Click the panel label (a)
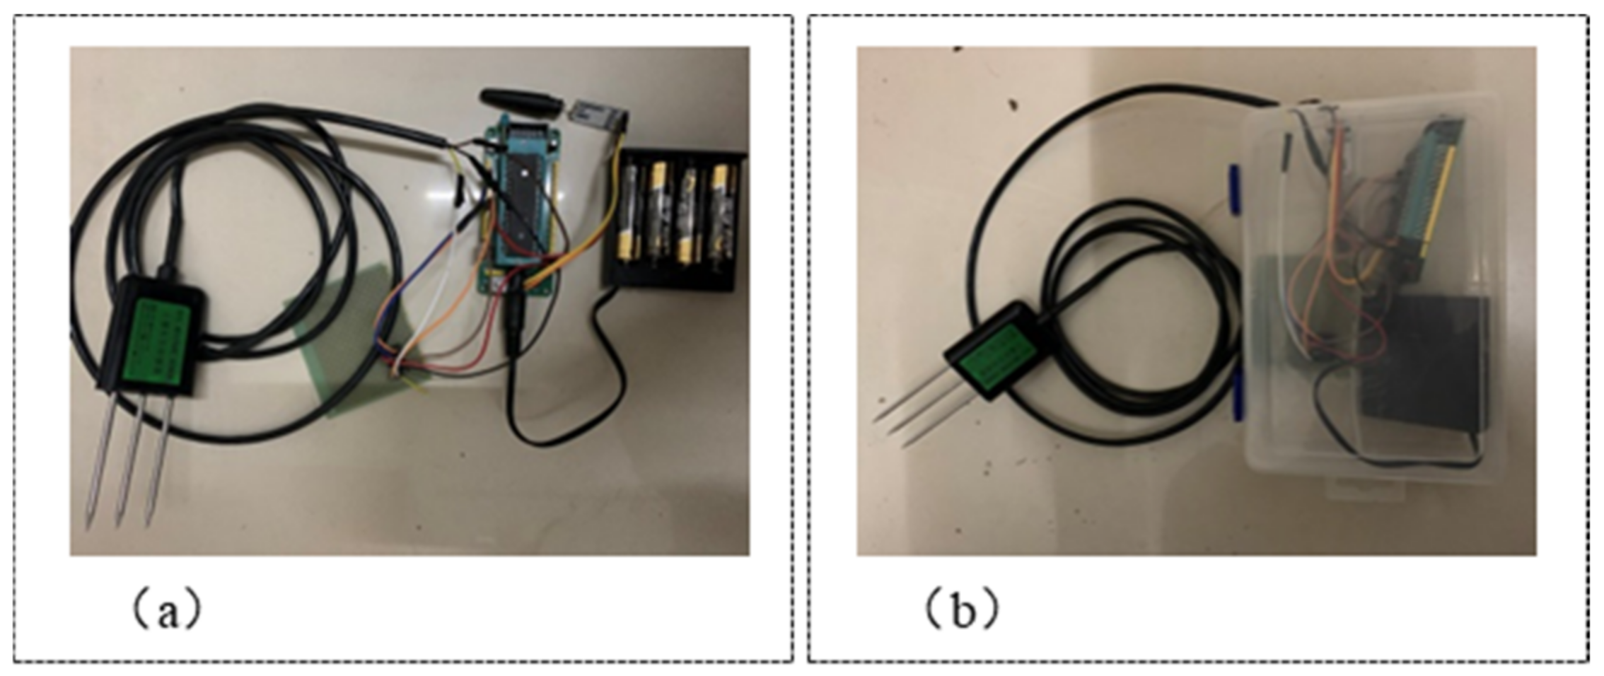[167, 610]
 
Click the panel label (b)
[963, 610]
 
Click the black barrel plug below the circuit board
[513, 318]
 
